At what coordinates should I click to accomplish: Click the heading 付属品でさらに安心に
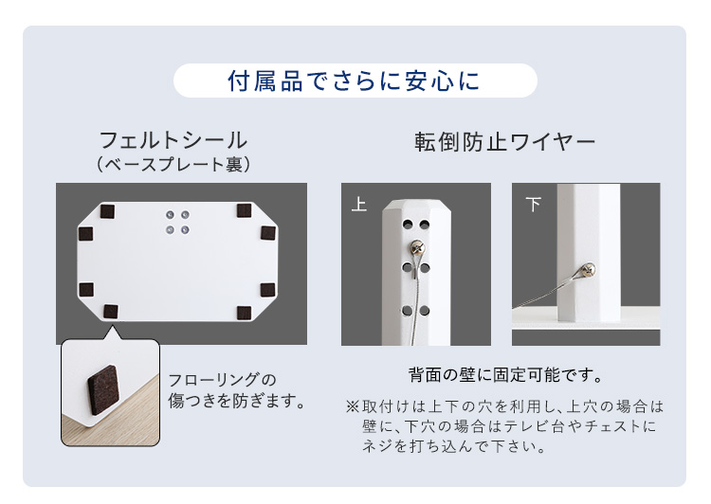pyautogui.click(x=354, y=81)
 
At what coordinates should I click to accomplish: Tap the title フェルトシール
pyautogui.click(x=173, y=140)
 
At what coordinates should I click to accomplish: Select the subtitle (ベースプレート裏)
pyautogui.click(x=173, y=164)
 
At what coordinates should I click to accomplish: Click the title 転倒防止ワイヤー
pyautogui.click(x=504, y=142)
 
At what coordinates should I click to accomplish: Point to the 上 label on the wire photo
pyautogui.click(x=358, y=204)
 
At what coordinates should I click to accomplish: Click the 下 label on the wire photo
pyautogui.click(x=533, y=205)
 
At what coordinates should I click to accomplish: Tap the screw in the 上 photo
pyautogui.click(x=416, y=247)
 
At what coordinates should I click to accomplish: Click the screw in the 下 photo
pyautogui.click(x=589, y=270)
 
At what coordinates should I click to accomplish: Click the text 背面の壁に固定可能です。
pyautogui.click(x=506, y=375)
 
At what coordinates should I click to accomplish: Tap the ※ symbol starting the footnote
pyautogui.click(x=353, y=406)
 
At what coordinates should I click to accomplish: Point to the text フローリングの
pyautogui.click(x=222, y=380)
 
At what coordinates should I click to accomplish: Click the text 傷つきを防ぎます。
pyautogui.click(x=237, y=401)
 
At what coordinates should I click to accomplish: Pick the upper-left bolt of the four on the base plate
pyautogui.click(x=170, y=215)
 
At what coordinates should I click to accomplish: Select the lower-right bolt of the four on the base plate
pyautogui.click(x=185, y=230)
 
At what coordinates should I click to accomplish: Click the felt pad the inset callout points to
pyautogui.click(x=110, y=312)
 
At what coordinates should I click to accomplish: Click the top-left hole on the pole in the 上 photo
pyautogui.click(x=408, y=225)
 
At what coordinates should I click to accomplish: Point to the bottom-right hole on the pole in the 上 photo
pyautogui.click(x=425, y=311)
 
